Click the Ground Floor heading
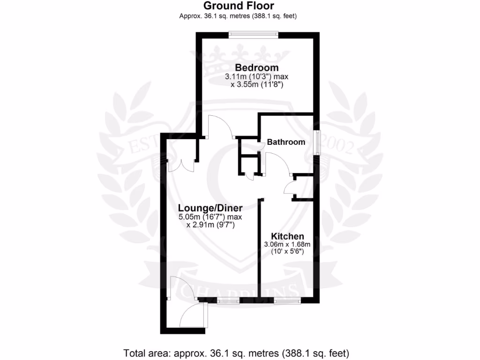pos(239,6)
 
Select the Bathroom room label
pos(286,142)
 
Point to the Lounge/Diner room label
pos(210,208)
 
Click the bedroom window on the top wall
pos(253,34)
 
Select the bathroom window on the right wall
pos(317,142)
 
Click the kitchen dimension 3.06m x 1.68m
pos(287,244)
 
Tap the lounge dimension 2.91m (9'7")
pos(210,225)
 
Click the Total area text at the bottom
pos(237,352)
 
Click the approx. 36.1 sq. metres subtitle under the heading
pos(238,16)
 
